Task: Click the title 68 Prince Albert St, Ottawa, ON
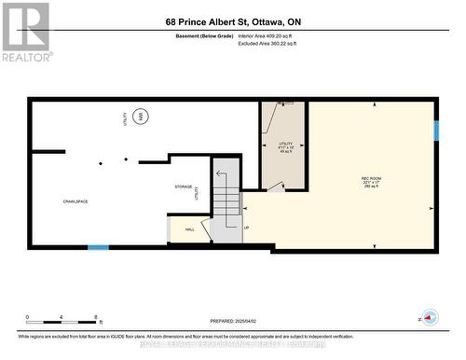233,21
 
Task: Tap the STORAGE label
183,187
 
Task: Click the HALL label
190,228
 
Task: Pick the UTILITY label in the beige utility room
286,144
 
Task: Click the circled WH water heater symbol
141,118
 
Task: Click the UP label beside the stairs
246,228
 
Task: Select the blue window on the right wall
435,130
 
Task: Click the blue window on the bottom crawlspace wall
98,247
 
